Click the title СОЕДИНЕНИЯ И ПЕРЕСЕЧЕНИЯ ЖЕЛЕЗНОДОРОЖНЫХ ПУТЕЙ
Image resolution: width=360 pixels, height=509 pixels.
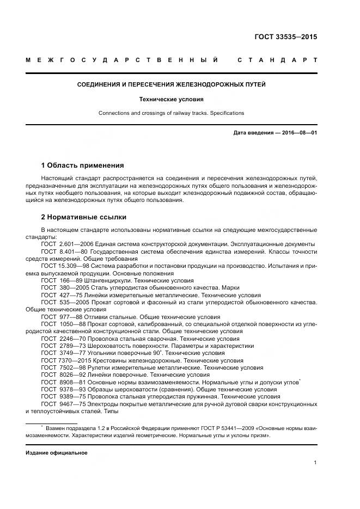click(171, 85)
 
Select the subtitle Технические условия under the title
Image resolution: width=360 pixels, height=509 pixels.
click(171, 100)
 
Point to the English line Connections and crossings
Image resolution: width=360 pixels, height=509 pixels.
click(171, 113)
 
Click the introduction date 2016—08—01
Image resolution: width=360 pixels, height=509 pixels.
click(298, 133)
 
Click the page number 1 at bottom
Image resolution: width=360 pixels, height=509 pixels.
click(315, 463)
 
